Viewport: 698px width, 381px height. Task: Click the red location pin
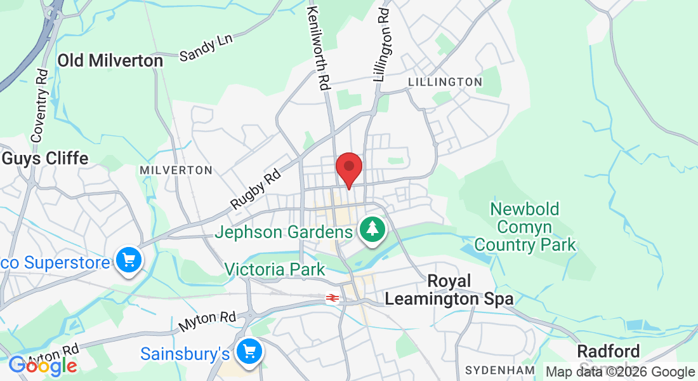point(348,168)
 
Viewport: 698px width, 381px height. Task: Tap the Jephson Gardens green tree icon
point(373,231)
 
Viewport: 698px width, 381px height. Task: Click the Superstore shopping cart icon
point(129,260)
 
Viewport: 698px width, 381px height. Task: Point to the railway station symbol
point(331,297)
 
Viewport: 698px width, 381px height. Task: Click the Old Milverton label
point(110,60)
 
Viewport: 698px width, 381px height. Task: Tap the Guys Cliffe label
point(45,158)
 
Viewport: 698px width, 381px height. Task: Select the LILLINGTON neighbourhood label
point(445,82)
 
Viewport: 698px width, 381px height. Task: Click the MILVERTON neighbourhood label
point(176,170)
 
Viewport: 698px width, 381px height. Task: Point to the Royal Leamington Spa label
point(449,290)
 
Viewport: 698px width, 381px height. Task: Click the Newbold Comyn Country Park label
point(525,227)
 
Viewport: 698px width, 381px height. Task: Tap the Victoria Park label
point(275,269)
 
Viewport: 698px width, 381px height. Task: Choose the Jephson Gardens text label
point(283,232)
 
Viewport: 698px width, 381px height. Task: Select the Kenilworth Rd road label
point(319,48)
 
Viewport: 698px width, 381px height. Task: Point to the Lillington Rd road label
point(382,44)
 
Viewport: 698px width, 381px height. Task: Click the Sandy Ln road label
point(206,48)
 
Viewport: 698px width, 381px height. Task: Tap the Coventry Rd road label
point(41,105)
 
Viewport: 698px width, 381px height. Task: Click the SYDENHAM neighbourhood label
point(499,370)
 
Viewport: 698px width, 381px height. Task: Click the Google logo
point(43,366)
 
